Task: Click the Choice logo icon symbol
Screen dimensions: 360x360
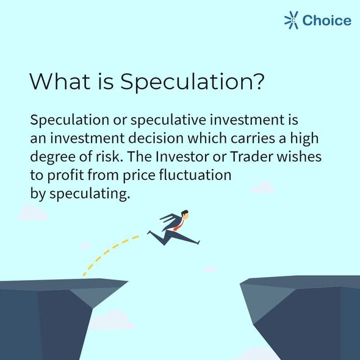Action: coord(292,20)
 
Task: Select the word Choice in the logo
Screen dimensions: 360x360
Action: coord(327,20)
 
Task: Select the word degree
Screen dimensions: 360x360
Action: coord(50,156)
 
